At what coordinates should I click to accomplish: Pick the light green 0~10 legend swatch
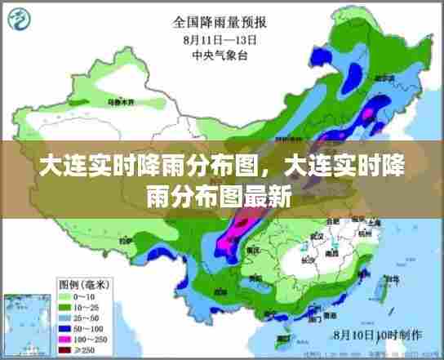21,296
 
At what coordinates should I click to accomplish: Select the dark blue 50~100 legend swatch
21,327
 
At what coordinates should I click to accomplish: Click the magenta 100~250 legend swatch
21,338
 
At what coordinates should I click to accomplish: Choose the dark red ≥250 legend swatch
21,349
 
